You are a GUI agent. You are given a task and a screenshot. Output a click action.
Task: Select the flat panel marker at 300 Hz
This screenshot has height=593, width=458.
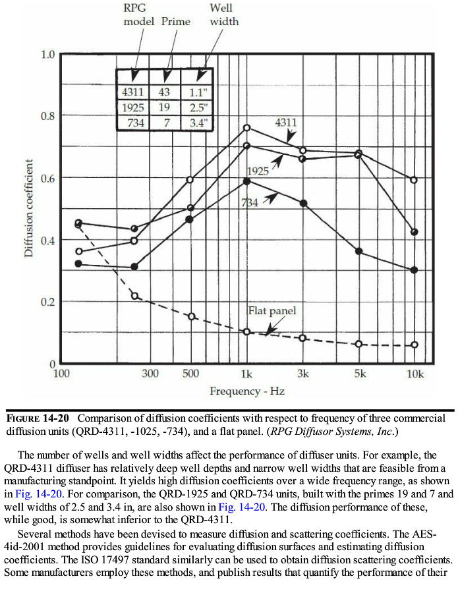[134, 296]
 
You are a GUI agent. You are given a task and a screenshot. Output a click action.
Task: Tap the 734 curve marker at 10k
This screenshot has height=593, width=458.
[414, 270]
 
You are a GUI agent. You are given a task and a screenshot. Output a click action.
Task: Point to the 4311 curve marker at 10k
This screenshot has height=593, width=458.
[414, 180]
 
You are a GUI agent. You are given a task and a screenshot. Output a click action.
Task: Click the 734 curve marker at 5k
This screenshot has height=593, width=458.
[358, 252]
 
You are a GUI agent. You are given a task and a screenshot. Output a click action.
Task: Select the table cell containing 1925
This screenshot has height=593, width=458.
[133, 107]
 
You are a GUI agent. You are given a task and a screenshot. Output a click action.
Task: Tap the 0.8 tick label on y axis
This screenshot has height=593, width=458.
[47, 116]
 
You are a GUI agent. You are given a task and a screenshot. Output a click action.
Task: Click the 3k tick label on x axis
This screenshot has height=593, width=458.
[302, 374]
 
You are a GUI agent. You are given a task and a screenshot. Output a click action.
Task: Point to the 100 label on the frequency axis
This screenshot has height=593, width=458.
[61, 374]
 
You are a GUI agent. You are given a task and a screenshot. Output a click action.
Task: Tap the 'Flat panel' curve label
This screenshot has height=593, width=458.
[272, 310]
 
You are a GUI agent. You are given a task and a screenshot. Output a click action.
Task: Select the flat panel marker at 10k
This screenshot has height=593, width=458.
[415, 345]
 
